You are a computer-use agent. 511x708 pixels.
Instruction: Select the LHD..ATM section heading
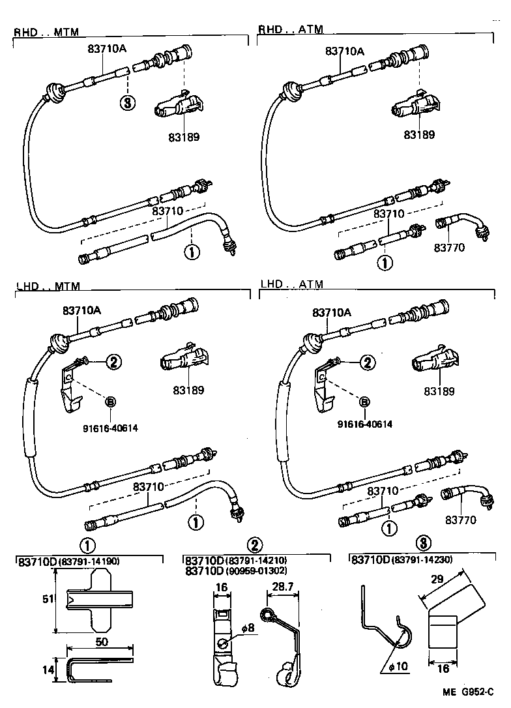coord(291,285)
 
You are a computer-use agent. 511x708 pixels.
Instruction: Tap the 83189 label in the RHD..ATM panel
coord(419,135)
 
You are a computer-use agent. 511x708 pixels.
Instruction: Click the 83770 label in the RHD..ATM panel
coord(450,248)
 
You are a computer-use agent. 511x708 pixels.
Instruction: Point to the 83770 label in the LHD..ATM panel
coord(460,520)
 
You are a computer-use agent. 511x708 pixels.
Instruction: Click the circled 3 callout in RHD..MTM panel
coord(128,102)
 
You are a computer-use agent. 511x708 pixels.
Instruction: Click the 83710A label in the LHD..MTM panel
coord(81,311)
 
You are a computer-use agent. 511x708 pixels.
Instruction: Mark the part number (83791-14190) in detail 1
coord(89,561)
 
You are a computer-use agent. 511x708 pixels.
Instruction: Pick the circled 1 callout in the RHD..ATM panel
coord(385,262)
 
